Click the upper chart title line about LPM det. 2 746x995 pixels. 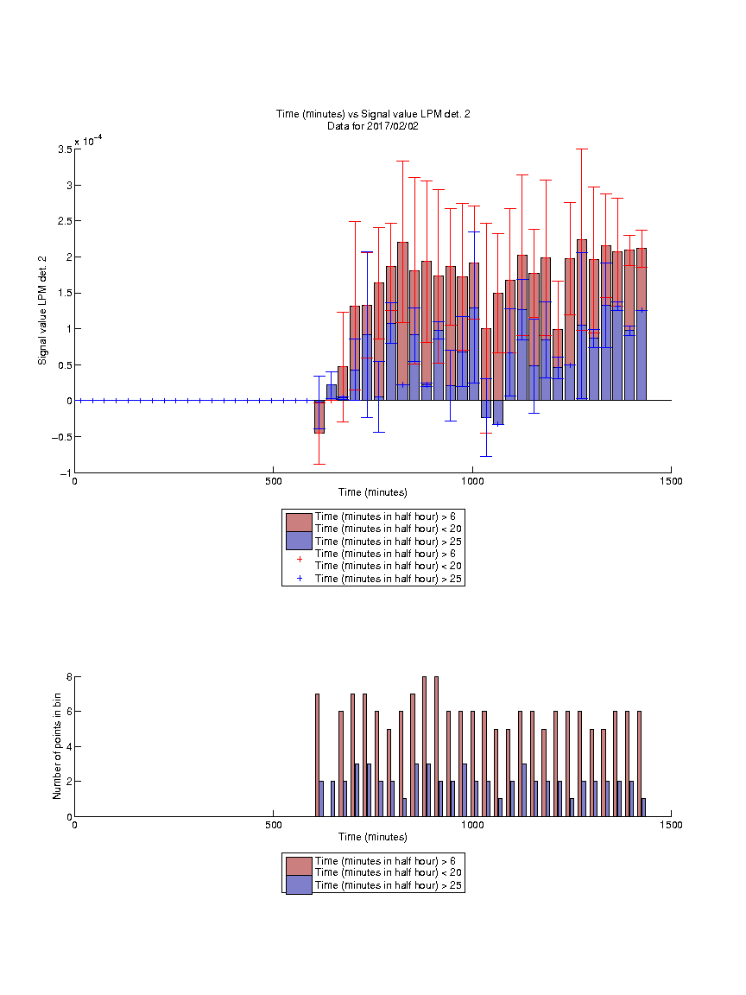(x=373, y=114)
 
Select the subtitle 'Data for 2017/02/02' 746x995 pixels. (x=373, y=125)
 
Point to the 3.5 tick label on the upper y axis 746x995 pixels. (x=65, y=149)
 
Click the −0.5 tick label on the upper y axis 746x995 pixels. (x=61, y=437)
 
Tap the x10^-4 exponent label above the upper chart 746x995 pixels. (x=88, y=140)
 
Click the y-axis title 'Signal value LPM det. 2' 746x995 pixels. (x=42, y=310)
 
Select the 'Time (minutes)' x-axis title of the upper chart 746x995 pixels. (x=373, y=492)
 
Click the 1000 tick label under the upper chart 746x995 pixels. (x=472, y=481)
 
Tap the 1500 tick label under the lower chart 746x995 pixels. (x=671, y=825)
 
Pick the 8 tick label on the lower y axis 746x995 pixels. (x=69, y=677)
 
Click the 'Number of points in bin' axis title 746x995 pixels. (x=57, y=745)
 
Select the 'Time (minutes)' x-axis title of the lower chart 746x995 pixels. (x=373, y=837)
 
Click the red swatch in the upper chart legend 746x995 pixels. (x=299, y=523)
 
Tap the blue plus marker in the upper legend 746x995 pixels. (x=300, y=579)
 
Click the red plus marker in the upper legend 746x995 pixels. (x=300, y=560)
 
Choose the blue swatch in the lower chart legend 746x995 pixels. (x=299, y=885)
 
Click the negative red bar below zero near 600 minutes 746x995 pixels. (x=319, y=417)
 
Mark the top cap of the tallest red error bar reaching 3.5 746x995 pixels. (x=582, y=149)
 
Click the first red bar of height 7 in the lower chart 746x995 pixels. (x=317, y=755)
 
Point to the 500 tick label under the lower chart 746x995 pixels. (x=274, y=825)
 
